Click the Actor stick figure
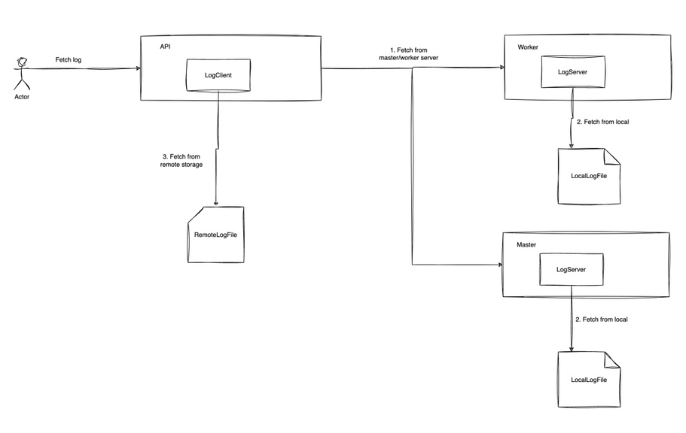(x=21, y=74)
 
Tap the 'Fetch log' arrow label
(x=69, y=60)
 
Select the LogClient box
(x=218, y=75)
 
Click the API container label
(x=165, y=47)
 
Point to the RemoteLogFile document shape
(x=215, y=235)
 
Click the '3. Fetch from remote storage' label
(x=181, y=160)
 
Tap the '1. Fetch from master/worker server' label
(x=409, y=53)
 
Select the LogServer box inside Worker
(x=573, y=71)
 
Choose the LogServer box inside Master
(x=572, y=270)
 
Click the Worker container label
(x=528, y=47)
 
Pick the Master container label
(x=526, y=244)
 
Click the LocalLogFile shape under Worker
(x=589, y=176)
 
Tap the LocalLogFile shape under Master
(x=589, y=380)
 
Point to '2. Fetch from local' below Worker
(x=603, y=122)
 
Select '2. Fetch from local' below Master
(x=602, y=319)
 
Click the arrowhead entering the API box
(x=139, y=68)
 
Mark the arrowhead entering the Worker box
(x=502, y=68)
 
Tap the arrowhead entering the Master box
(x=500, y=265)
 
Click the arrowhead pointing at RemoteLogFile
(x=215, y=203)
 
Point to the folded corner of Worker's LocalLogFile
(x=612, y=156)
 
